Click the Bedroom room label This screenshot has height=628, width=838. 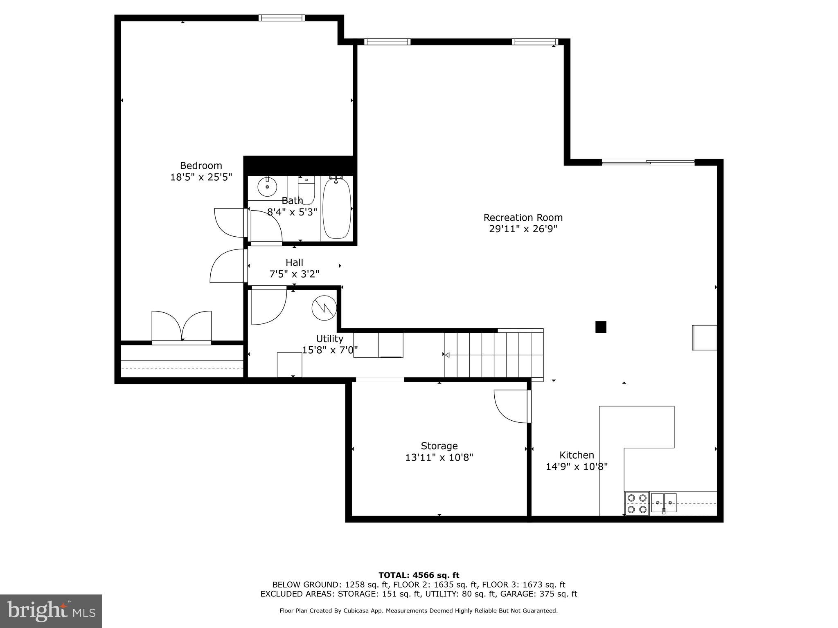pos(201,166)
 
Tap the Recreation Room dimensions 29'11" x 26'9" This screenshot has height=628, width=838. pos(523,229)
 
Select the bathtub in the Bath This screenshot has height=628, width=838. pos(336,209)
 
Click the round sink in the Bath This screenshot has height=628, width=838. pos(267,187)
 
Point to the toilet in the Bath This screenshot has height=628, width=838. pos(306,191)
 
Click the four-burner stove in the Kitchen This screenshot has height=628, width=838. pos(637,503)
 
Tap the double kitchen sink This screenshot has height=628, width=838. pos(664,502)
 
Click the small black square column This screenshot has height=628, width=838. pos(600,327)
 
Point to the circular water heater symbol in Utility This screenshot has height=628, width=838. pos(324,307)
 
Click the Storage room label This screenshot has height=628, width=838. pos(439,446)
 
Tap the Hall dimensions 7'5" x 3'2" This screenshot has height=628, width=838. pos(294,274)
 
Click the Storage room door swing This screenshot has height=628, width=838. pos(511,406)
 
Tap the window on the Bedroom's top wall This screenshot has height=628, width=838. pos(282,18)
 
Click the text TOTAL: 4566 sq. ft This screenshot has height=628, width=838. pos(419,575)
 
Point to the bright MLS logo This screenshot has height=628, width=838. pos(51,611)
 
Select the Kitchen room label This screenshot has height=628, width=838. pos(577,455)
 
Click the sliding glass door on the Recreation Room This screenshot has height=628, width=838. pos(648,162)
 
